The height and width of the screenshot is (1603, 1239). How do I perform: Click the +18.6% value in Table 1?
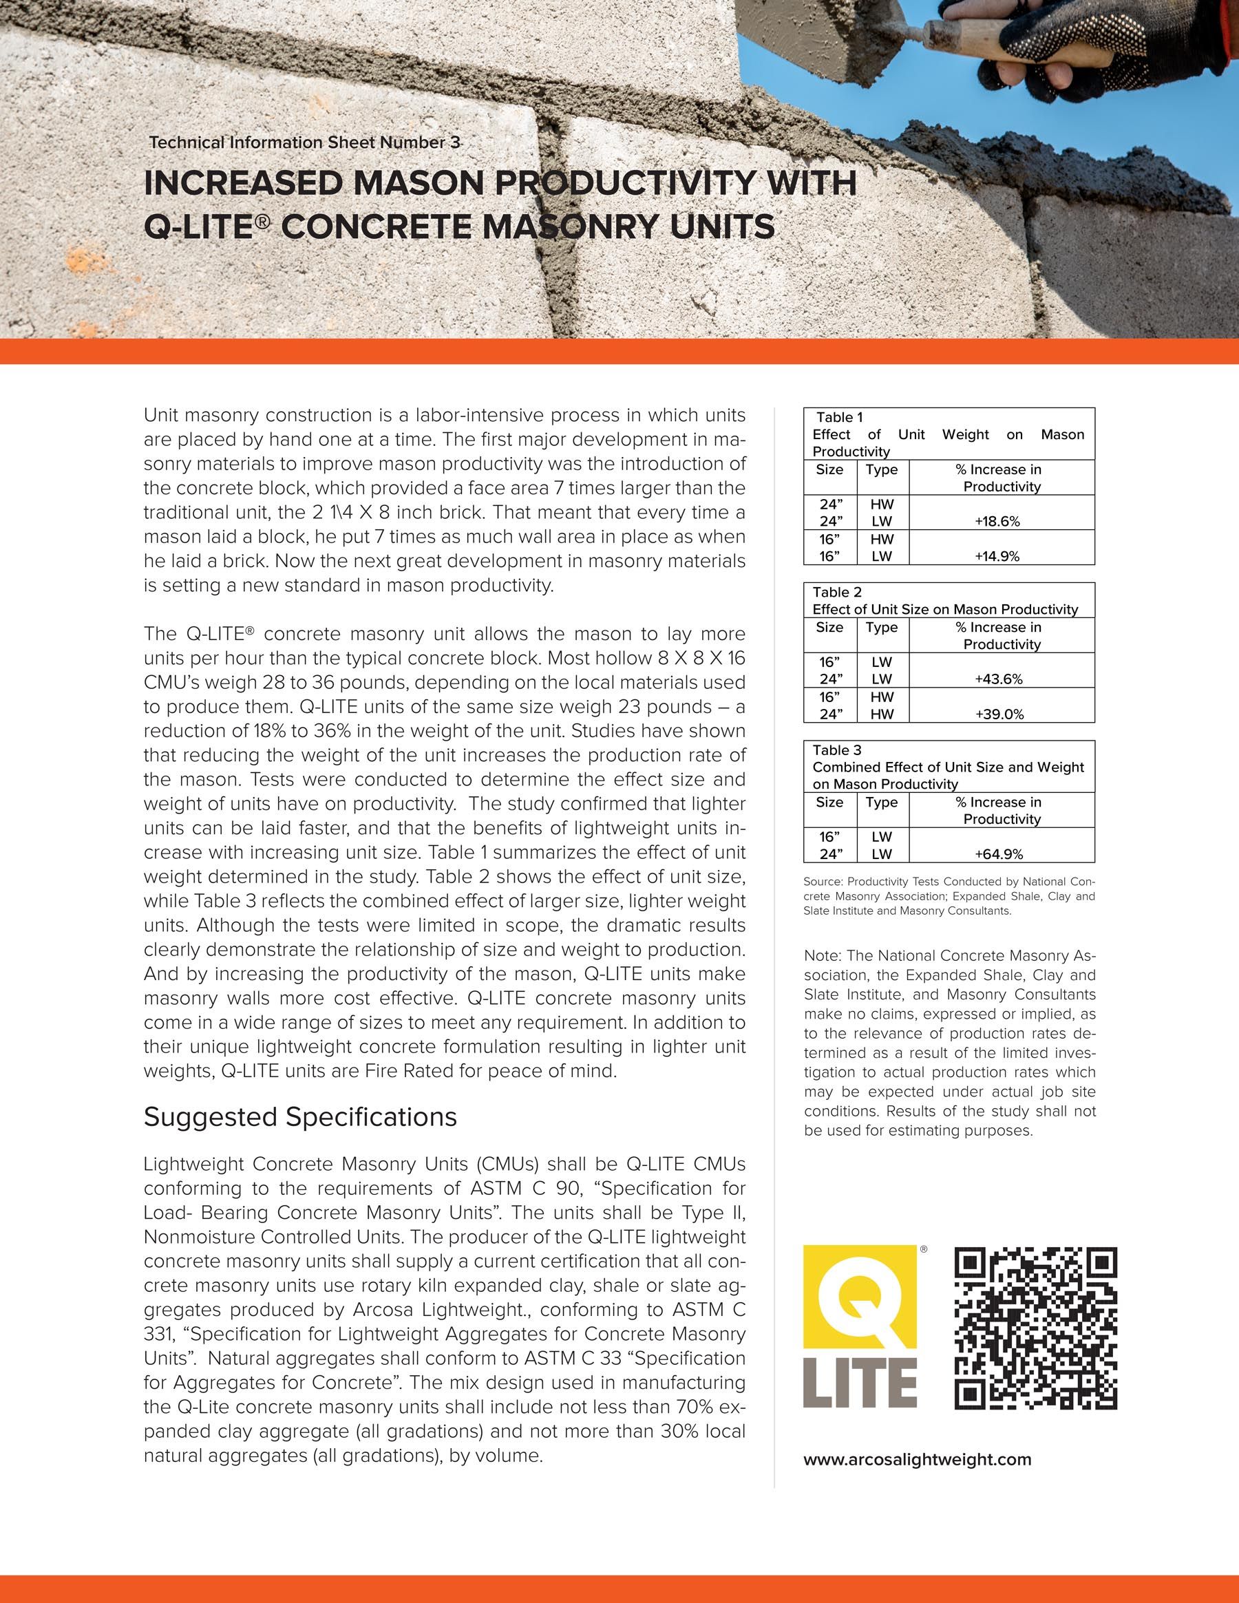(997, 522)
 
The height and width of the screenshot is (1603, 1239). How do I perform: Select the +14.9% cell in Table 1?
(997, 556)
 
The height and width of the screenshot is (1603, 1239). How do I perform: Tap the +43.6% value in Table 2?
(998, 679)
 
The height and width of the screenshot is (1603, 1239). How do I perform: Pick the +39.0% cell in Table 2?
(998, 714)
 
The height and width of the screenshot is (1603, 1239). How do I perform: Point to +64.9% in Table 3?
(998, 853)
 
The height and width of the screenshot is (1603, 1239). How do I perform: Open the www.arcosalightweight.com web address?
(917, 1459)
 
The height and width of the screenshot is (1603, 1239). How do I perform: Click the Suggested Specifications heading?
(300, 1116)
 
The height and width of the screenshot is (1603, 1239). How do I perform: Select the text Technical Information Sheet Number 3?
(305, 142)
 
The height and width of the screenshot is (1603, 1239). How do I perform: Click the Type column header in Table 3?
(882, 803)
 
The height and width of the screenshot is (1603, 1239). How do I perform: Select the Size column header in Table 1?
(829, 469)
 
